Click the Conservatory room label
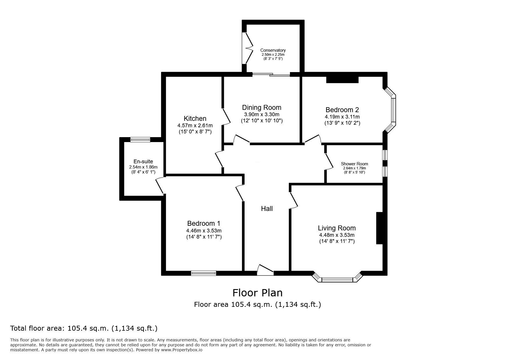[x=272, y=50]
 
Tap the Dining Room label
[x=261, y=108]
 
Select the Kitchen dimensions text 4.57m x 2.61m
[x=195, y=126]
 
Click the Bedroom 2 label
[x=342, y=110]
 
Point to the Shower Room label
[x=354, y=164]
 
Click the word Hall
[x=267, y=209]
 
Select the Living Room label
[x=336, y=228]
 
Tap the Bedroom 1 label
[x=204, y=223]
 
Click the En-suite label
[x=143, y=162]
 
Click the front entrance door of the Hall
[x=265, y=271]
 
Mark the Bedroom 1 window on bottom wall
[x=204, y=273]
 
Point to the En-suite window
[x=140, y=140]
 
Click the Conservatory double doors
[x=247, y=48]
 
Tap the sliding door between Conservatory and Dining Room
[x=271, y=75]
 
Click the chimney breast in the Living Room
[x=379, y=228]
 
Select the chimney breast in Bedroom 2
[x=342, y=80]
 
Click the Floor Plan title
[x=257, y=293]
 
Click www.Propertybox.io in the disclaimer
[x=182, y=350]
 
